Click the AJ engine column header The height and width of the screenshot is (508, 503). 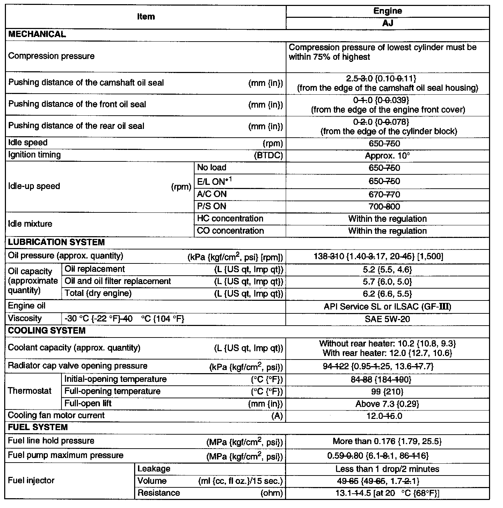[x=387, y=23]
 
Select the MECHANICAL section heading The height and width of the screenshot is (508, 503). [x=37, y=34]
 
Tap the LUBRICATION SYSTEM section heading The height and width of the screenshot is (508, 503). [x=56, y=242]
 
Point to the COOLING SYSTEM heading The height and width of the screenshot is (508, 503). [x=46, y=331]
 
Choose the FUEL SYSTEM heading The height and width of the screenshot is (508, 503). [x=38, y=427]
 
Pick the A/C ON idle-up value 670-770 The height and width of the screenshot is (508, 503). [x=384, y=195]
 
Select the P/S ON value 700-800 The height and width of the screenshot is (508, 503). [x=384, y=207]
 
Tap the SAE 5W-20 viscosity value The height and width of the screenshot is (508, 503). [x=387, y=319]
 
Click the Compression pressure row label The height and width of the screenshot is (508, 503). [x=51, y=56]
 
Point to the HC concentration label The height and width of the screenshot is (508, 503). [x=230, y=219]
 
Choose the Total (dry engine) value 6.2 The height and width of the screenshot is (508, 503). [x=387, y=294]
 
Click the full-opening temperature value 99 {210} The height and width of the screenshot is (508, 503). [x=387, y=392]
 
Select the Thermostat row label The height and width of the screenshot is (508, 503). [x=30, y=391]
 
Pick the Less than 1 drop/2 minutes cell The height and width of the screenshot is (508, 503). [x=387, y=469]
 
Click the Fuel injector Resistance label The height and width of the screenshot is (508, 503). [x=159, y=493]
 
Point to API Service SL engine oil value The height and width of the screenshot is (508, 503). [x=387, y=307]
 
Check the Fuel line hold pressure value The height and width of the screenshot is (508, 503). [x=387, y=441]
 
